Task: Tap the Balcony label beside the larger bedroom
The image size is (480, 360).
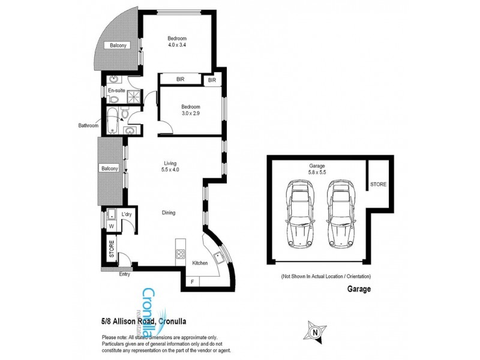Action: [117, 46]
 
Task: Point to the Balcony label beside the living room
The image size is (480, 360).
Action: [109, 168]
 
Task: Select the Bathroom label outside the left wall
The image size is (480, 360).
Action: [88, 126]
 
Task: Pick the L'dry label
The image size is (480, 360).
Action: [127, 214]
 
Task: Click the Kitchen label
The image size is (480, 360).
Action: [200, 263]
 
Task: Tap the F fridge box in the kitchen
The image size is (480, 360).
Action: [191, 281]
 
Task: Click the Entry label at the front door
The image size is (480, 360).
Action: [124, 274]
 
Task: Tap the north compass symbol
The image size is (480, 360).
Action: [316, 331]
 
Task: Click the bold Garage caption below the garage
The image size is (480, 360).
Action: [358, 289]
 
